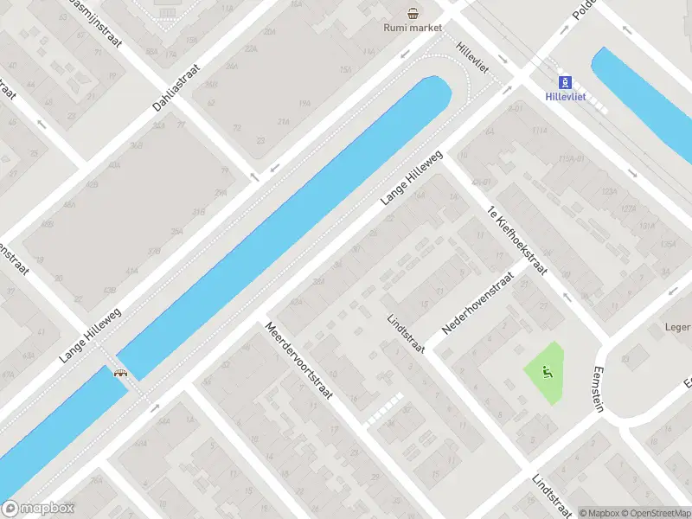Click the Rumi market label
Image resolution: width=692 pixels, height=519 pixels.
coord(413,28)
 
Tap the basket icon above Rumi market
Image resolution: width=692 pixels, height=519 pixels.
coord(413,12)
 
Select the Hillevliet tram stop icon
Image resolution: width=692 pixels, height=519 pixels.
coord(566,83)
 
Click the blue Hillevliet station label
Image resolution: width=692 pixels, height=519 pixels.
coord(567,97)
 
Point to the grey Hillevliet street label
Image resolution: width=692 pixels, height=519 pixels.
coord(474,58)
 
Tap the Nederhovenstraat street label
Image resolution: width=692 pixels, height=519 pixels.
coord(477,303)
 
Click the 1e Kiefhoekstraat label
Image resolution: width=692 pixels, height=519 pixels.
coord(517,240)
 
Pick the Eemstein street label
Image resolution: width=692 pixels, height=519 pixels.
coord(598,388)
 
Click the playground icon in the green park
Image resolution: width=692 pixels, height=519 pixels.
coord(546,373)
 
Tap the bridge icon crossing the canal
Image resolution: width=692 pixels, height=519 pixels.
coord(121,373)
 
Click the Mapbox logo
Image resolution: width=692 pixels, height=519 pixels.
coord(38,509)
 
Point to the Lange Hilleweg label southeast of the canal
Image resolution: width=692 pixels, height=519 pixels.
coord(412,178)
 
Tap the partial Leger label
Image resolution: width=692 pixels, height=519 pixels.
coord(677,328)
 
